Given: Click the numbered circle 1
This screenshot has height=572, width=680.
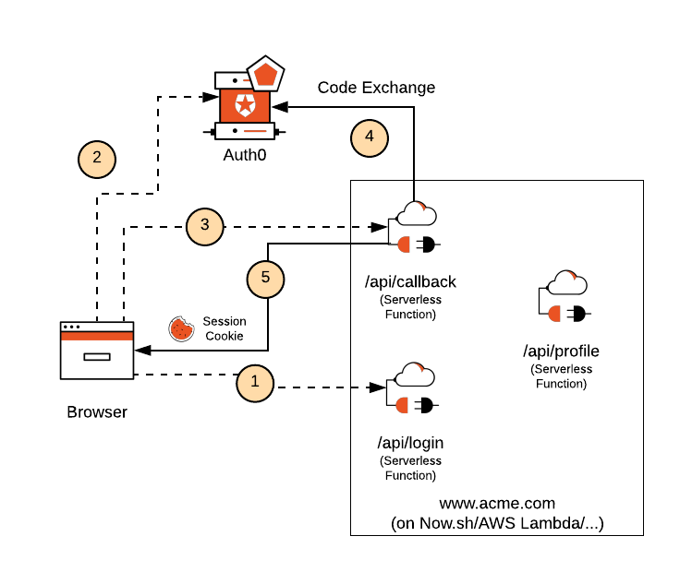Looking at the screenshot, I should tap(256, 383).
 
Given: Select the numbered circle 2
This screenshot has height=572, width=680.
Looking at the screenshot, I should tap(96, 158).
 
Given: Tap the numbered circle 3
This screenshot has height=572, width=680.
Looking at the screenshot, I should tap(205, 225).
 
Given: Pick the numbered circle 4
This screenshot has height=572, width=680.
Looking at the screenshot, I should tap(370, 138).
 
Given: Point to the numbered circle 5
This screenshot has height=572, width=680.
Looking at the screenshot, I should tap(266, 278).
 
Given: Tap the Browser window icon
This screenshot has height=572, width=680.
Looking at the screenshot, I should tap(97, 350).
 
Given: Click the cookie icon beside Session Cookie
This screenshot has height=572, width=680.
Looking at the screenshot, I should tap(180, 328).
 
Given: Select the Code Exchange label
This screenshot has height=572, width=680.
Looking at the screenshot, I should tap(376, 88).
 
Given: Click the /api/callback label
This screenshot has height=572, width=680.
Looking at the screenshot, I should tap(410, 281).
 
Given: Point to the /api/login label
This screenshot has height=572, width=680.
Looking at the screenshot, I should tap(410, 442).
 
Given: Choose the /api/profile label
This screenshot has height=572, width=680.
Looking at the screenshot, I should tap(561, 351).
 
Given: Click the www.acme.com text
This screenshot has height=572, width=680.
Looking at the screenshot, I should tap(497, 504).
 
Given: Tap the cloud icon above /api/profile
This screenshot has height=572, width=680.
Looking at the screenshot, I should tap(567, 282).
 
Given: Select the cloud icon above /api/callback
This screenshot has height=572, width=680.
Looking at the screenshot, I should tap(416, 213).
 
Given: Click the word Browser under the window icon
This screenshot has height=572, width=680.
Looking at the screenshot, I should tap(97, 411).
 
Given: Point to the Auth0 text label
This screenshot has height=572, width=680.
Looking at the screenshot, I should tap(245, 155).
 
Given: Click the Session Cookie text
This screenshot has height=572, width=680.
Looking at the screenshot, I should tap(225, 328).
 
